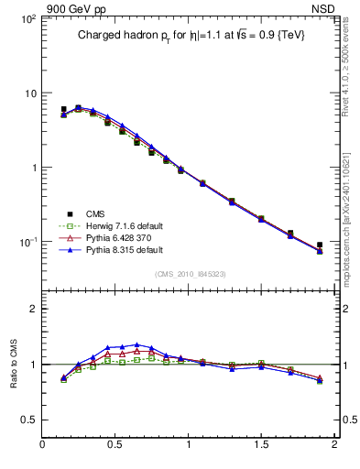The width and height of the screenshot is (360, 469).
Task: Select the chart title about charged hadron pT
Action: coord(190,34)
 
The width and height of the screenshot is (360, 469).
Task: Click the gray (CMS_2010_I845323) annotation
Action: coord(190,272)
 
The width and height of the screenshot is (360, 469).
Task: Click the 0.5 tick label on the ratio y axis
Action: coord(27,420)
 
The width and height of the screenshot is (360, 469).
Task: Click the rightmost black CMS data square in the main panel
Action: coord(320,245)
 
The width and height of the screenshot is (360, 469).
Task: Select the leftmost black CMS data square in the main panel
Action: coord(63,109)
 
